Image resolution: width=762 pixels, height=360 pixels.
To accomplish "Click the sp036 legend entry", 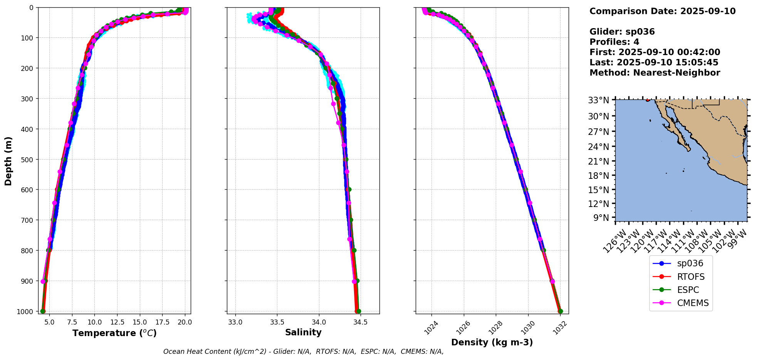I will click(690, 264).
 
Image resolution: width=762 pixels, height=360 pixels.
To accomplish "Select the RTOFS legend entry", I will click(690, 277).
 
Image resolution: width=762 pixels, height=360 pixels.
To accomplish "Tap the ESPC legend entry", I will click(688, 290).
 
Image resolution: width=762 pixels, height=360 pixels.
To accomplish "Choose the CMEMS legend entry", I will click(693, 303).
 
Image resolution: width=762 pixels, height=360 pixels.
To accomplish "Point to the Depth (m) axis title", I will click(8, 161).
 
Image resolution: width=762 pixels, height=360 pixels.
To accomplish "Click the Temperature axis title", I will click(114, 333).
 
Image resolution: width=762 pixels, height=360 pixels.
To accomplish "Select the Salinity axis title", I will click(303, 332).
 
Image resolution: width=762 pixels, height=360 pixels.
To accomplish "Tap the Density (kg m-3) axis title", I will click(492, 342).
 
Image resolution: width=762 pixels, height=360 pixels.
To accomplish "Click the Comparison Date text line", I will click(662, 11).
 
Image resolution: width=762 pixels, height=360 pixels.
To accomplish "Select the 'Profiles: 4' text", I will click(614, 42).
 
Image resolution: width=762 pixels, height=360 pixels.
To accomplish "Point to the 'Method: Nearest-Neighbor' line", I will click(655, 73).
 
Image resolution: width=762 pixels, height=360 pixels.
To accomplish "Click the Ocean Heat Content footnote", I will click(303, 352).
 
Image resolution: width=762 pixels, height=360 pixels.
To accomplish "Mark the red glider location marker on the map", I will click(648, 100).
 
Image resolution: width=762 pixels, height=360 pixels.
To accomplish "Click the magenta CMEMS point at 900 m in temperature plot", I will click(43, 281).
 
